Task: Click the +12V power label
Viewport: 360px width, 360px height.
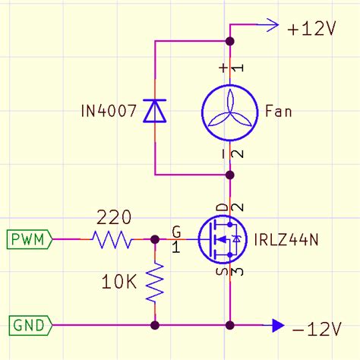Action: (x=311, y=29)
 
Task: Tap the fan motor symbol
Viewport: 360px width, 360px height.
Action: (x=229, y=112)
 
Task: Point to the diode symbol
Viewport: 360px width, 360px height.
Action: (x=155, y=112)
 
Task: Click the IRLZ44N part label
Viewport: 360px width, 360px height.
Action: (x=288, y=240)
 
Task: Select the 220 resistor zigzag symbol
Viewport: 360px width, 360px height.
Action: (x=112, y=240)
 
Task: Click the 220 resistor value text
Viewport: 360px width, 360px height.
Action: (x=112, y=219)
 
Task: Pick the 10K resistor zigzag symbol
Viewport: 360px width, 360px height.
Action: (x=155, y=283)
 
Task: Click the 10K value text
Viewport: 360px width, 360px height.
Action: (x=118, y=283)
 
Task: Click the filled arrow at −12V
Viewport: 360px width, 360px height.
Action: (x=277, y=326)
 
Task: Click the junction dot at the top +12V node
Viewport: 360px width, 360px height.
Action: (x=229, y=40)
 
